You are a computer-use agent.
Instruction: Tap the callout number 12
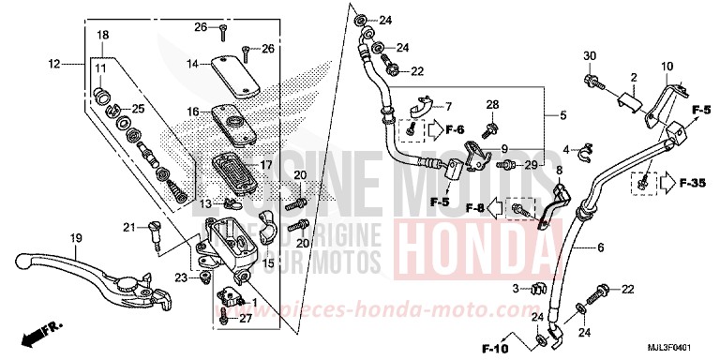coord(53,64)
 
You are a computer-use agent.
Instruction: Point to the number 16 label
coord(191,111)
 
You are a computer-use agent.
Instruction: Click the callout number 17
coord(265,164)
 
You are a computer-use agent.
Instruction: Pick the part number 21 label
coord(130,226)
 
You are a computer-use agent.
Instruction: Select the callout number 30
coord(590,57)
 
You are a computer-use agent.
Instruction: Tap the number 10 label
coord(667,67)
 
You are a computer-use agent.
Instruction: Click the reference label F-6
coord(455,128)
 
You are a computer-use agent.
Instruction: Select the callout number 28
coord(492,104)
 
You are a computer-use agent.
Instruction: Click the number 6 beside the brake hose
coord(599,247)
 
